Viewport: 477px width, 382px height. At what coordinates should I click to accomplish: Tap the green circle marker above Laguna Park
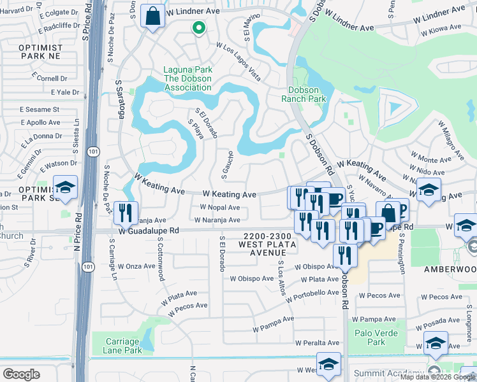pos(198,27)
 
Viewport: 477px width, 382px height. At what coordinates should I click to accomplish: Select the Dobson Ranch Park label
pos(304,94)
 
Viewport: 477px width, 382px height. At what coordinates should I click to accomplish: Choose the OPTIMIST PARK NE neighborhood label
pos(41,53)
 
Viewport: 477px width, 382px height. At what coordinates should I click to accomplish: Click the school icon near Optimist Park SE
pos(65,188)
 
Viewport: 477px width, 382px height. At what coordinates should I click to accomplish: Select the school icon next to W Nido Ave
pos(429,190)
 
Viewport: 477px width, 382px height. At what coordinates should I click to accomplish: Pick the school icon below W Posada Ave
pos(436,344)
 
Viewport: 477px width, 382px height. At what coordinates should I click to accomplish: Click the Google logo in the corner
pos(21,374)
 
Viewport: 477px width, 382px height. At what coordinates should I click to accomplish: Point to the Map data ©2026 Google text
pos(437,377)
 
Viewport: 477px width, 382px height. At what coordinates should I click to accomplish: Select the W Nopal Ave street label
pos(219,208)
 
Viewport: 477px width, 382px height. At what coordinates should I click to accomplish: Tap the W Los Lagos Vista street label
pos(238,62)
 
